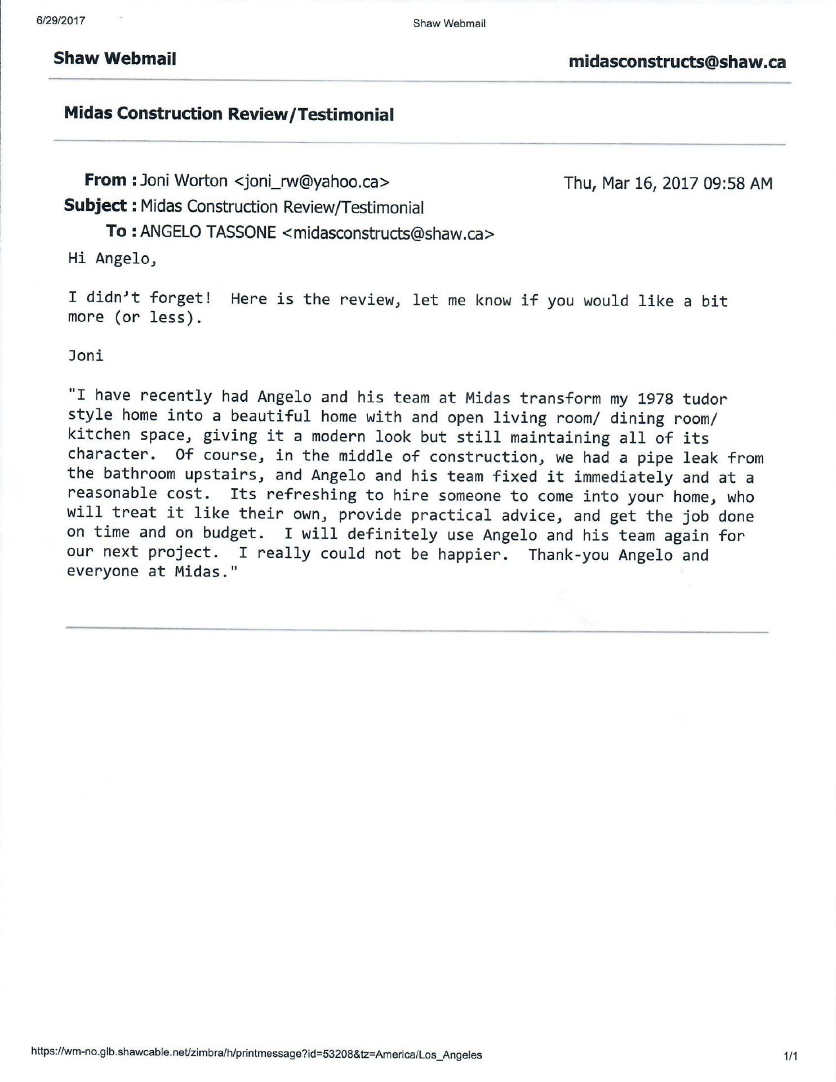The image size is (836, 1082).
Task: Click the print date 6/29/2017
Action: (61, 21)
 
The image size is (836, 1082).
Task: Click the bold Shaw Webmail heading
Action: (115, 59)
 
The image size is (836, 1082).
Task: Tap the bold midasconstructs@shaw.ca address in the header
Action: (677, 62)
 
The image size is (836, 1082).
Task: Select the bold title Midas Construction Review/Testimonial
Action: (229, 114)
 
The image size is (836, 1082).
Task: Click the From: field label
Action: (110, 180)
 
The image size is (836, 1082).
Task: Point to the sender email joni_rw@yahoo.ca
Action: (312, 181)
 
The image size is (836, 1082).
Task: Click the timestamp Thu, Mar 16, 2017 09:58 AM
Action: (668, 183)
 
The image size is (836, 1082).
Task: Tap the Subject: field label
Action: (100, 206)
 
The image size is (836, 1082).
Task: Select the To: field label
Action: (121, 231)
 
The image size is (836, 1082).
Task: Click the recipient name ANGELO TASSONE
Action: (208, 232)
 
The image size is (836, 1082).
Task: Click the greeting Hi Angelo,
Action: (112, 259)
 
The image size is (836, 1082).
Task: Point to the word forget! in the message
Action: (180, 298)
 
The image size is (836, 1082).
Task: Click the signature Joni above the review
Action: (86, 356)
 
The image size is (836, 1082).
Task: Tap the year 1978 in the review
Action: (655, 399)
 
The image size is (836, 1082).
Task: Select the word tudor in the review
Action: (705, 399)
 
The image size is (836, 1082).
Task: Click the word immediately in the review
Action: (624, 477)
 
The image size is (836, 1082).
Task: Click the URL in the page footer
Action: (257, 1054)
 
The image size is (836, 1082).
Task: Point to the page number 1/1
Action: (790, 1056)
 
